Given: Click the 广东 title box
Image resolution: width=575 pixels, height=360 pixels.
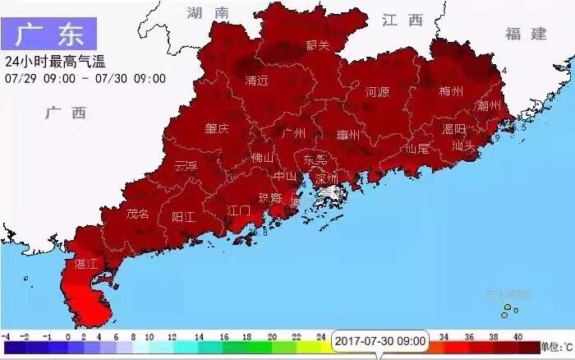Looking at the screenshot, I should pos(49,33).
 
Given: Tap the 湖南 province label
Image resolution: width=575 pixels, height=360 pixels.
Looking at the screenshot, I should pos(207,12).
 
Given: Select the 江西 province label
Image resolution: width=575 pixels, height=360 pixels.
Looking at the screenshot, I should pos(402,19).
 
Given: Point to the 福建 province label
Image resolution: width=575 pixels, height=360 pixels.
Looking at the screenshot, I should pos(526,34).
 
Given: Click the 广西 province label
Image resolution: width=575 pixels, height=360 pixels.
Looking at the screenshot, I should pos(67,113).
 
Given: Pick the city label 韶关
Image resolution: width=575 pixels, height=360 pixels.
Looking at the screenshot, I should pos(317,46).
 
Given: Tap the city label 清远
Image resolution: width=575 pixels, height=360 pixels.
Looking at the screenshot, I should pos(257,81).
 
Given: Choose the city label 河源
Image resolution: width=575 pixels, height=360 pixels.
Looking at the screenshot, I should pos(377,92).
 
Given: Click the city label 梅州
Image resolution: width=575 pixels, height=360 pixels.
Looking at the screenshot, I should pos(452,91).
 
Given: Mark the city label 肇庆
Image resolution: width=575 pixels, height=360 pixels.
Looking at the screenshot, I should pos(217,129).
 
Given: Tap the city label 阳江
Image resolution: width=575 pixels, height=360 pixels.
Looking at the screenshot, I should pos(183,217).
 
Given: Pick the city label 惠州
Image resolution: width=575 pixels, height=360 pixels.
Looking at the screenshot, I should pos(348,135).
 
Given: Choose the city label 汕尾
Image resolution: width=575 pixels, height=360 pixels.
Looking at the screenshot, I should pos(417,149).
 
